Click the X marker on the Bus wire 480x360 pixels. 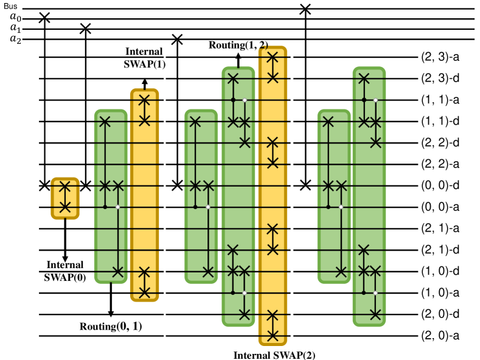tap(305, 9)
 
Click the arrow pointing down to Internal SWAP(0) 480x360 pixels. tap(65, 240)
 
